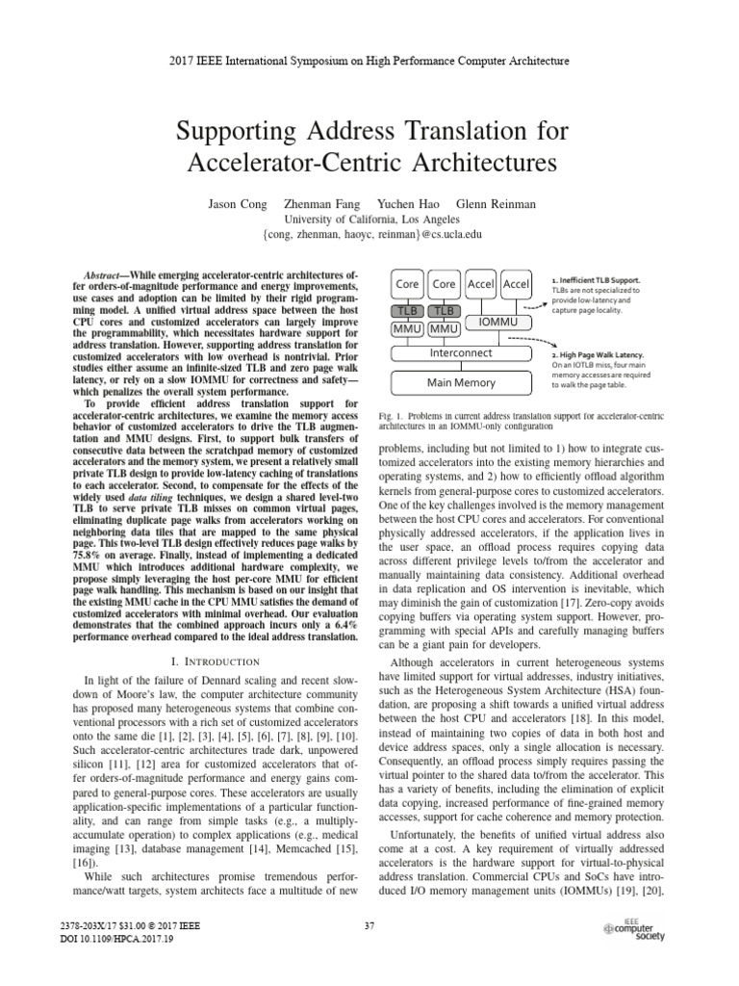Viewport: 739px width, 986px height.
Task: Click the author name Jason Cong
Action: (236, 204)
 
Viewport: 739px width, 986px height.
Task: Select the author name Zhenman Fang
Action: (319, 204)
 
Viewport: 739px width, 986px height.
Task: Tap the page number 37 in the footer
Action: (369, 926)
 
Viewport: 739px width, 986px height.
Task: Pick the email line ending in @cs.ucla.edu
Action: (369, 234)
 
